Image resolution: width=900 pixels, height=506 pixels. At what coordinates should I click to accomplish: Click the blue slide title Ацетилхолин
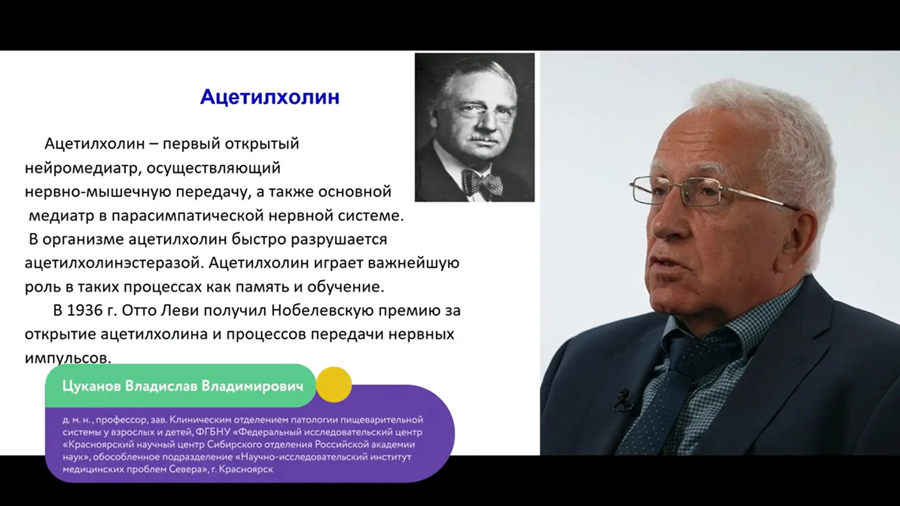coord(270,97)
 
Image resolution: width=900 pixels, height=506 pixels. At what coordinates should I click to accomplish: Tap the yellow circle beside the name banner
coord(334,385)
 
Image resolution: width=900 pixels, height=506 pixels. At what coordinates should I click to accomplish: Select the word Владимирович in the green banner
coord(252,386)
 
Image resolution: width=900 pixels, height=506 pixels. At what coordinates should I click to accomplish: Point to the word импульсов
coord(68,358)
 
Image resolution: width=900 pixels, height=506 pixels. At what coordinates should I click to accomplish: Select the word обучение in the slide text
coord(345,287)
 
